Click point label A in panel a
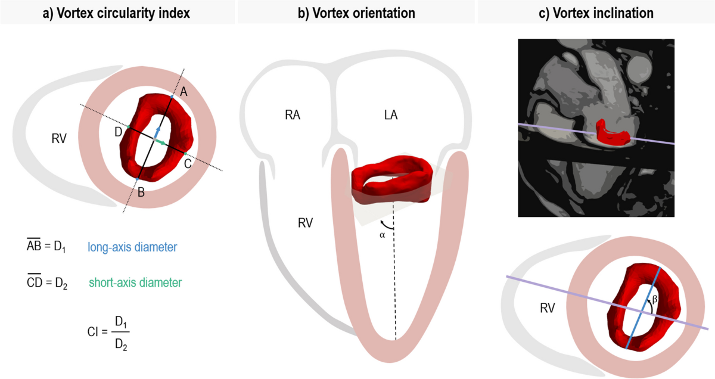coord(184,91)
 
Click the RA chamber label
coord(293,115)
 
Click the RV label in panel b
coord(307,223)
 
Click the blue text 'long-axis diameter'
coord(132,246)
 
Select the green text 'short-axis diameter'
coord(135,282)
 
